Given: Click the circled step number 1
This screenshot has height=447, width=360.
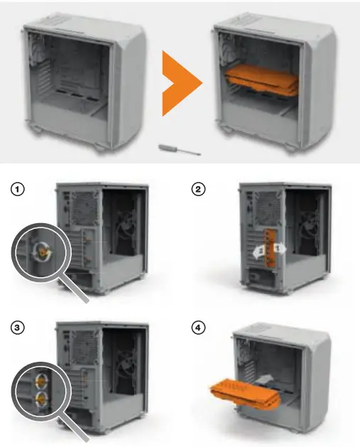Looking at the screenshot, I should (18, 190).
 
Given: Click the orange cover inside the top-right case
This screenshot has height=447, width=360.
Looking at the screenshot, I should (261, 84).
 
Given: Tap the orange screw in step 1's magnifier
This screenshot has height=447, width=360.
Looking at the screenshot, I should (43, 251).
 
